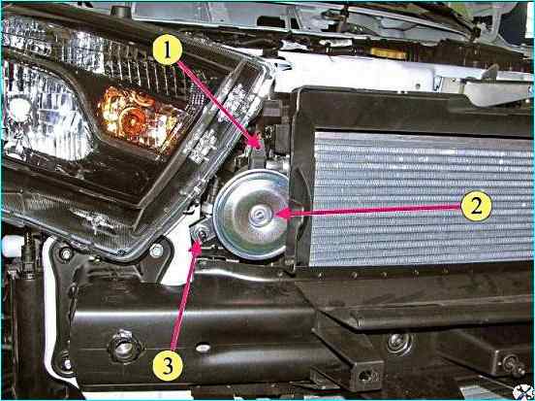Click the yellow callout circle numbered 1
click(167, 50)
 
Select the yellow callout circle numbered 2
click(476, 206)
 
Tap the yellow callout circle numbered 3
click(168, 365)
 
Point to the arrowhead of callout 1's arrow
click(257, 142)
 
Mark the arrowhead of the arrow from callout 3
click(197, 247)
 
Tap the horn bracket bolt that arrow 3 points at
click(202, 234)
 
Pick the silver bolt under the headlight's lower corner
click(156, 251)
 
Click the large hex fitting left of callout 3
click(123, 346)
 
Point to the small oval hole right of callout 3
click(204, 348)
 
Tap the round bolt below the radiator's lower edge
click(398, 342)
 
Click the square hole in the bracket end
click(366, 376)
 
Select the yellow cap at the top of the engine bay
click(388, 53)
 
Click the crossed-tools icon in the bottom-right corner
click(522, 391)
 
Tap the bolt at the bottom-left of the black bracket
click(66, 363)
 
